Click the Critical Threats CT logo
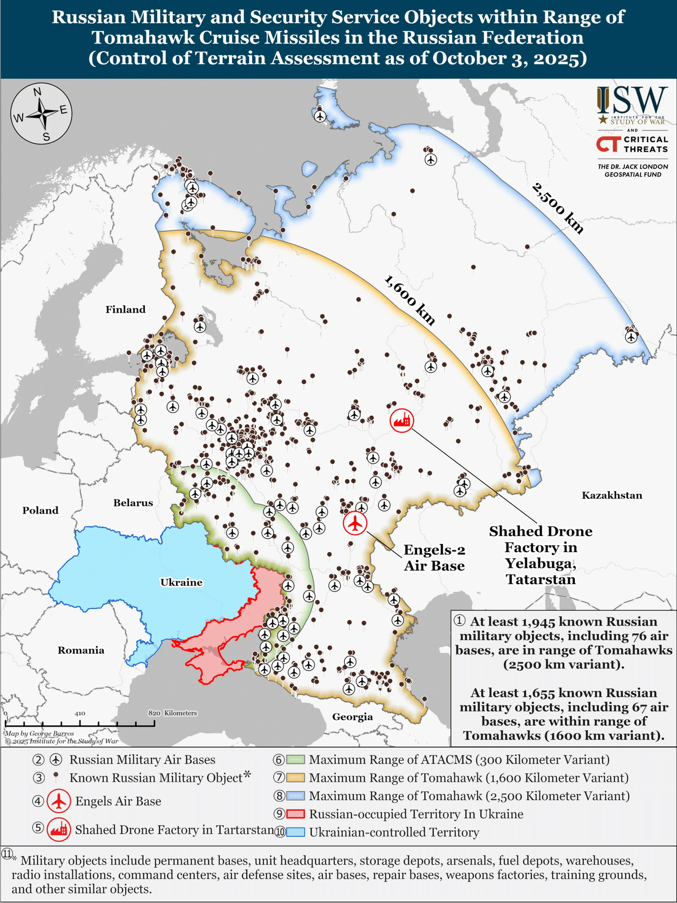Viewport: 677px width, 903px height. pyautogui.click(x=608, y=144)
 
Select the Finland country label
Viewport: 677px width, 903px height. pyautogui.click(x=125, y=309)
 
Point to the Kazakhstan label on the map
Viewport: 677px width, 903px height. pyautogui.click(x=612, y=496)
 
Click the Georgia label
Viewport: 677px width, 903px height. pyautogui.click(x=352, y=717)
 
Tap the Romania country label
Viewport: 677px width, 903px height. pyautogui.click(x=81, y=650)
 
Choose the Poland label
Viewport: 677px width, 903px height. pyautogui.click(x=40, y=510)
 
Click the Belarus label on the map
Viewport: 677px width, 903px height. pyautogui.click(x=133, y=503)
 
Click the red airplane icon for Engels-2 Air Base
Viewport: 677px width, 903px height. pyautogui.click(x=355, y=523)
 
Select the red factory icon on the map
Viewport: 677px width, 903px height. pyautogui.click(x=402, y=420)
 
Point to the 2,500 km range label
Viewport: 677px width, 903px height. pyautogui.click(x=557, y=208)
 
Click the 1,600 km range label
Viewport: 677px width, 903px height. pyautogui.click(x=410, y=300)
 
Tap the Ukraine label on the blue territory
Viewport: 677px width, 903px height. pyautogui.click(x=181, y=582)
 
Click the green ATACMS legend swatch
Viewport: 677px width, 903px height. pyautogui.click(x=296, y=760)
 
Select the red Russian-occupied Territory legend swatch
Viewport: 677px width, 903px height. pyautogui.click(x=296, y=814)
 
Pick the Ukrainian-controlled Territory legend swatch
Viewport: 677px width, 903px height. pyautogui.click(x=296, y=832)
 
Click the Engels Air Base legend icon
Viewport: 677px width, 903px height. pyautogui.click(x=59, y=801)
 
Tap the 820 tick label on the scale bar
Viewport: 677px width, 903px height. pyautogui.click(x=155, y=713)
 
